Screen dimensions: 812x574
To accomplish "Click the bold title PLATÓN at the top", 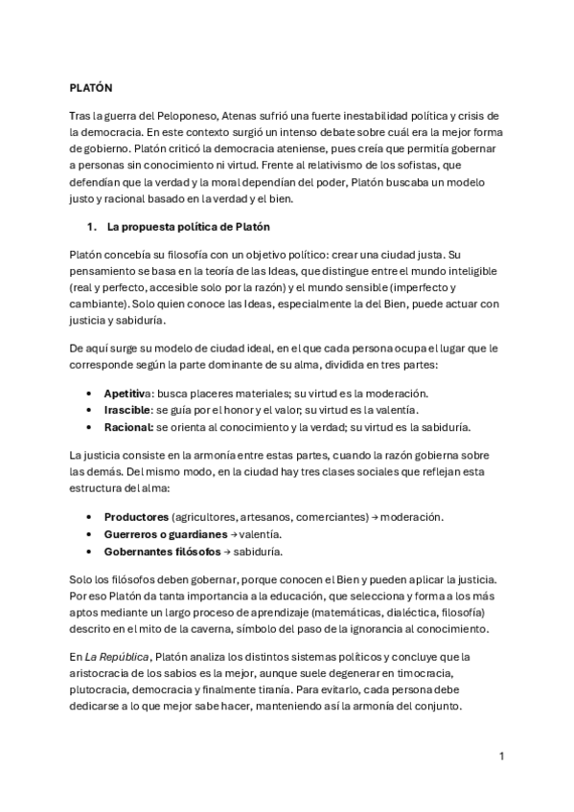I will point(91,87).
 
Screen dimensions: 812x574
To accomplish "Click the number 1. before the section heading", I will point(92,227).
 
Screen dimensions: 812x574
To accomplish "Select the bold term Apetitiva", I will point(127,394).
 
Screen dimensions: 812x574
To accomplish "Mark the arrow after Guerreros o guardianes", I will point(235,533).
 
